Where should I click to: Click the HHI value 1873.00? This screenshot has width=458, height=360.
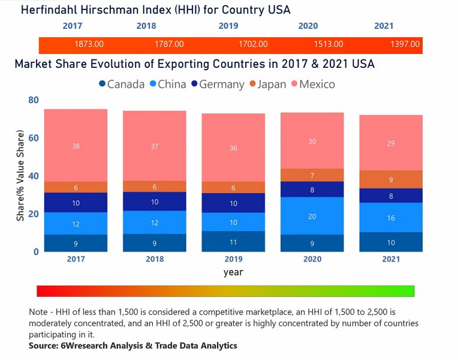coord(89,44)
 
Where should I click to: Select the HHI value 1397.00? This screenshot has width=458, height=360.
coord(405,44)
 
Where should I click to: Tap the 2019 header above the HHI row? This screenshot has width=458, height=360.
coord(228,26)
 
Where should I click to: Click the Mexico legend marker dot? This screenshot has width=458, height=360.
coord(293,85)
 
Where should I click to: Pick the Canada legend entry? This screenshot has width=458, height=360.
coord(122,85)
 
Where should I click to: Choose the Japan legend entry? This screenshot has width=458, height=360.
coord(267,85)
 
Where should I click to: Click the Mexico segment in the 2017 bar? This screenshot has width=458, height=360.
coord(76,146)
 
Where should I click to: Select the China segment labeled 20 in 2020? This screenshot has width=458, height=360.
coord(312,216)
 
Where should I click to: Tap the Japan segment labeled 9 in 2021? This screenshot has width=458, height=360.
coord(391,179)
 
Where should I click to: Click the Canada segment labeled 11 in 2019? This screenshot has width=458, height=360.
coord(233,242)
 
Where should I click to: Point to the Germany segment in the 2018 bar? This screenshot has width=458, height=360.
coord(155,202)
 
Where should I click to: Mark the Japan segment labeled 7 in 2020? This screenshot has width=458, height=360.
coord(312,175)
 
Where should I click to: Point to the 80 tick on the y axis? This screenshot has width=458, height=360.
coord(33,100)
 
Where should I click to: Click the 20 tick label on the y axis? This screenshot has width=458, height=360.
coord(33,214)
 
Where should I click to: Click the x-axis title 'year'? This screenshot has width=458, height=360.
coord(233,272)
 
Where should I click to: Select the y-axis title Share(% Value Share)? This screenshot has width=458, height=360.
coord(21,175)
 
